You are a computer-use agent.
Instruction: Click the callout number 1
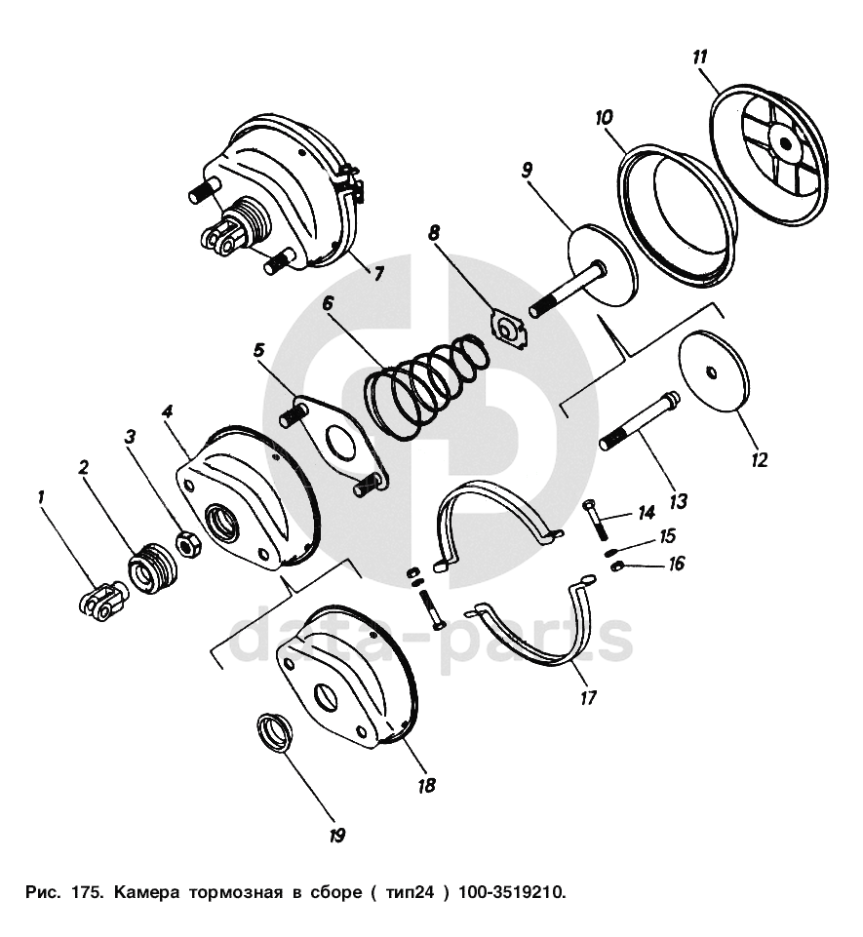42,497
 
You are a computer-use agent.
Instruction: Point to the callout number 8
434,234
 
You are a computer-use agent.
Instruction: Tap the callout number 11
699,57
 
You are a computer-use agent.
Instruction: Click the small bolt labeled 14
595,517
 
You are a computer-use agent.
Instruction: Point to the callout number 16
677,564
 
